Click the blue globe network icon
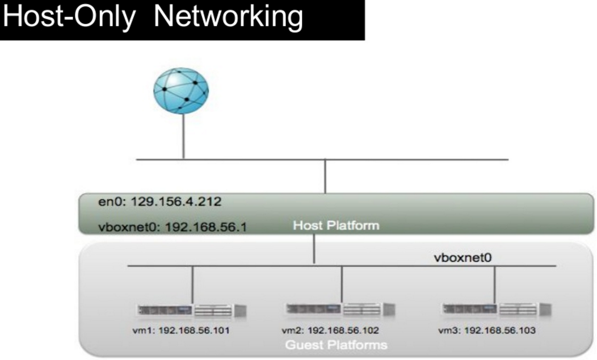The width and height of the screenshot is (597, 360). [x=181, y=91]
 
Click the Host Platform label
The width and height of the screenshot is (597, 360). [x=336, y=226]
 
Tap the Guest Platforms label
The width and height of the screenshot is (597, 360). [x=336, y=345]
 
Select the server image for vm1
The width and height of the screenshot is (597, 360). [x=192, y=311]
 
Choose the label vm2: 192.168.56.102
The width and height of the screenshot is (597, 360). [x=330, y=330]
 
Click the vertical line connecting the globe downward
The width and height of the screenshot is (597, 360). [x=183, y=136]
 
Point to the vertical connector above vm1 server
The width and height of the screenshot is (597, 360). [x=193, y=284]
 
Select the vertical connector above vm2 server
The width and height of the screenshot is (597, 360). [x=342, y=284]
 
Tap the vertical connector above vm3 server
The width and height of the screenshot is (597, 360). [x=495, y=284]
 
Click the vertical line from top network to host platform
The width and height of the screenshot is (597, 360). [x=325, y=176]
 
